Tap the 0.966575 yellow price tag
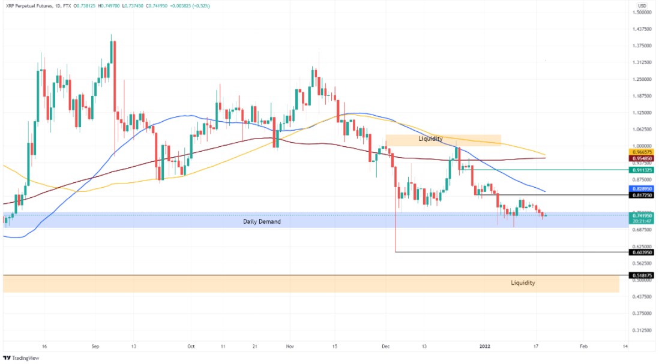(641, 153)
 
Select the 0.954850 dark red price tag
(641, 158)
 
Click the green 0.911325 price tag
(641, 170)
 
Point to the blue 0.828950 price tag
(641, 189)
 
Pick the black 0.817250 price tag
(641, 195)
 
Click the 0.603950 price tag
(641, 252)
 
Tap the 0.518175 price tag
(641, 275)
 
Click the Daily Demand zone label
(262, 221)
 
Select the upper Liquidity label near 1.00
(430, 139)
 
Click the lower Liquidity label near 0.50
(523, 282)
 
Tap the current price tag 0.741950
(641, 215)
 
